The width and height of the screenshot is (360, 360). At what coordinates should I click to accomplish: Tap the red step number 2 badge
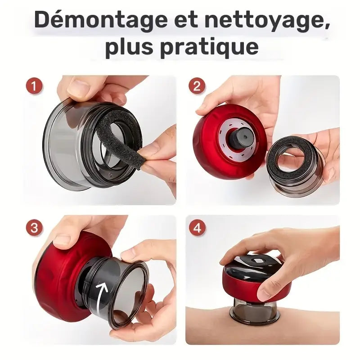click(196, 85)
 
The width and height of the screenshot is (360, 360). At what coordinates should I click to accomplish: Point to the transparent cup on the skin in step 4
click(255, 312)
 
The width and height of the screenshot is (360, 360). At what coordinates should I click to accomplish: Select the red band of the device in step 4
click(245, 288)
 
